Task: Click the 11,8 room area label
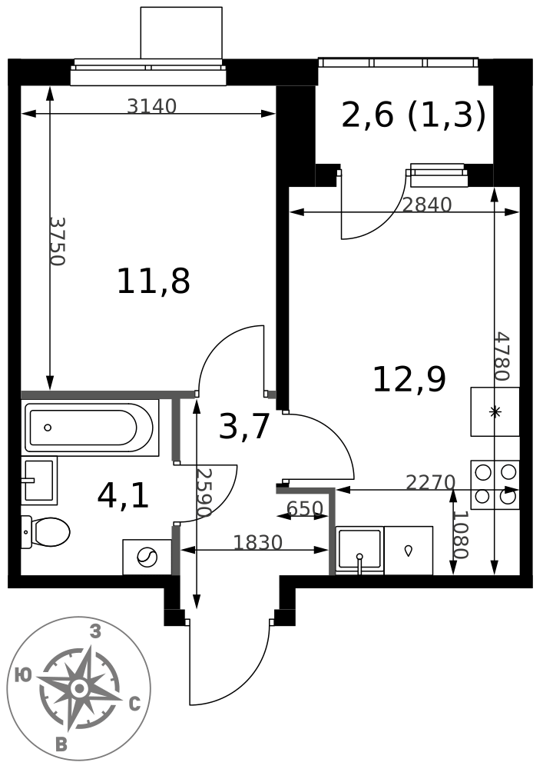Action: tap(154, 281)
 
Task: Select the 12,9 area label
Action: tap(409, 380)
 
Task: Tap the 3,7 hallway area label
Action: tap(244, 426)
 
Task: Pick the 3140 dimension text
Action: tap(151, 106)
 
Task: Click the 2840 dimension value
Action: tap(427, 205)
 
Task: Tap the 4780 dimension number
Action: tap(502, 357)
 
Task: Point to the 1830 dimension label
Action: tap(258, 542)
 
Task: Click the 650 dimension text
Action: tap(305, 508)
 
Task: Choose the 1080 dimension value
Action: tap(461, 535)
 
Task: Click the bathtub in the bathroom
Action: tap(91, 428)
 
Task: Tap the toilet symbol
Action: tap(46, 531)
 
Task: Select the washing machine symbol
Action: tap(147, 557)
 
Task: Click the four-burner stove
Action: tap(495, 484)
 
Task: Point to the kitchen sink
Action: tap(359, 550)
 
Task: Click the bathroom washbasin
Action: tap(39, 481)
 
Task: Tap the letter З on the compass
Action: tap(96, 632)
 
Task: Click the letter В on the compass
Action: tap(61, 744)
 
